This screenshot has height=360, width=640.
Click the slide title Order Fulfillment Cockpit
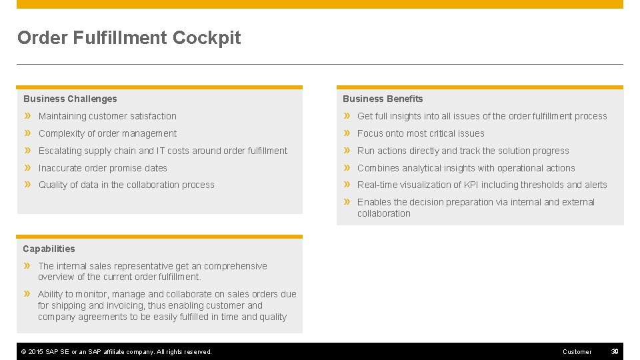129,38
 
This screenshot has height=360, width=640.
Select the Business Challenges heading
70,99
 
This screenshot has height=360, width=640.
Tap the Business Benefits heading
383,99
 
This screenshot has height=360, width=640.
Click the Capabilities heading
49,249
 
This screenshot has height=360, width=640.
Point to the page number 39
615,351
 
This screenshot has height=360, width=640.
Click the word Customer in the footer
577,351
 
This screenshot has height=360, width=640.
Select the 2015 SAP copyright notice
117,351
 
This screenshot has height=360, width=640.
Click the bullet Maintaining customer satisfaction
107,116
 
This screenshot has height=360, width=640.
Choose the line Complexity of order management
107,133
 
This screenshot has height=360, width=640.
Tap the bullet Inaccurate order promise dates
103,168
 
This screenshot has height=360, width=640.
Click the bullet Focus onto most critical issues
421,133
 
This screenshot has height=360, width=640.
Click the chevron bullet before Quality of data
28,185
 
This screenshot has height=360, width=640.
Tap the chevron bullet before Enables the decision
347,202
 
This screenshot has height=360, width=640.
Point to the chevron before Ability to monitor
28,294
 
